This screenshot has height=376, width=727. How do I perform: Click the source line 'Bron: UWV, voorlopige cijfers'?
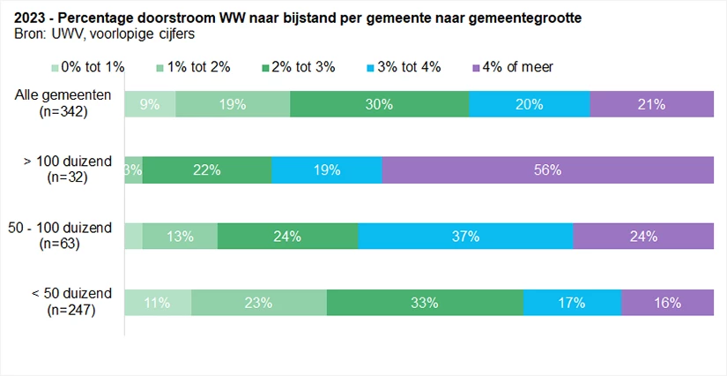tap(104, 34)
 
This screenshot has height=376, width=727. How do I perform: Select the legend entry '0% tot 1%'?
tap(90, 67)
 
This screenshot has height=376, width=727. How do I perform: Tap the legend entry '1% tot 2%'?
tap(197, 67)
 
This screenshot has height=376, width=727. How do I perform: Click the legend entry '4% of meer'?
tap(514, 67)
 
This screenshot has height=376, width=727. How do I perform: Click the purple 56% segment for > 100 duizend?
tap(547, 169)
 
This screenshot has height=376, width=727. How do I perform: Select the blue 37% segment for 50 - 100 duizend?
tap(465, 236)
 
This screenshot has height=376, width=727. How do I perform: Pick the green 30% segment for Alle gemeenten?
tap(379, 103)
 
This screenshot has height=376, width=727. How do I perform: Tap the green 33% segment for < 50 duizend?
tap(425, 302)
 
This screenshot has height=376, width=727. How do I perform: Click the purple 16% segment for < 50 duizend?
tap(667, 302)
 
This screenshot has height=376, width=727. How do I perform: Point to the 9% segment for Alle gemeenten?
tap(150, 103)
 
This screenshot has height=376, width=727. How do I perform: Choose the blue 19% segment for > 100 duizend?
tap(326, 169)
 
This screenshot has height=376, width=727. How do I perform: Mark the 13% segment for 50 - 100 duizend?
tap(180, 236)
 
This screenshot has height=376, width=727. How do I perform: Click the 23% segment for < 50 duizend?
tap(258, 302)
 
